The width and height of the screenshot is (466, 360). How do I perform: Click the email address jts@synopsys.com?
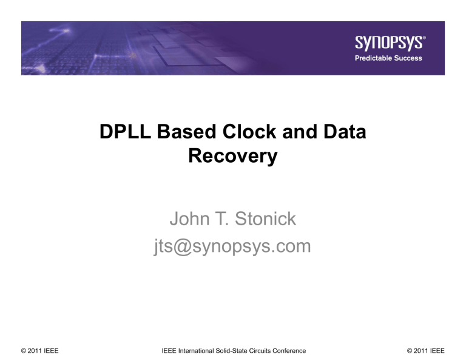click(234, 246)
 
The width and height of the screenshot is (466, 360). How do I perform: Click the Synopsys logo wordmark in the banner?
click(387, 43)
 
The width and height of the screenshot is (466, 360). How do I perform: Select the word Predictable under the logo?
click(374, 58)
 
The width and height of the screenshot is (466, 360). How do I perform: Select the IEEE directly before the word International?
click(170, 351)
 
